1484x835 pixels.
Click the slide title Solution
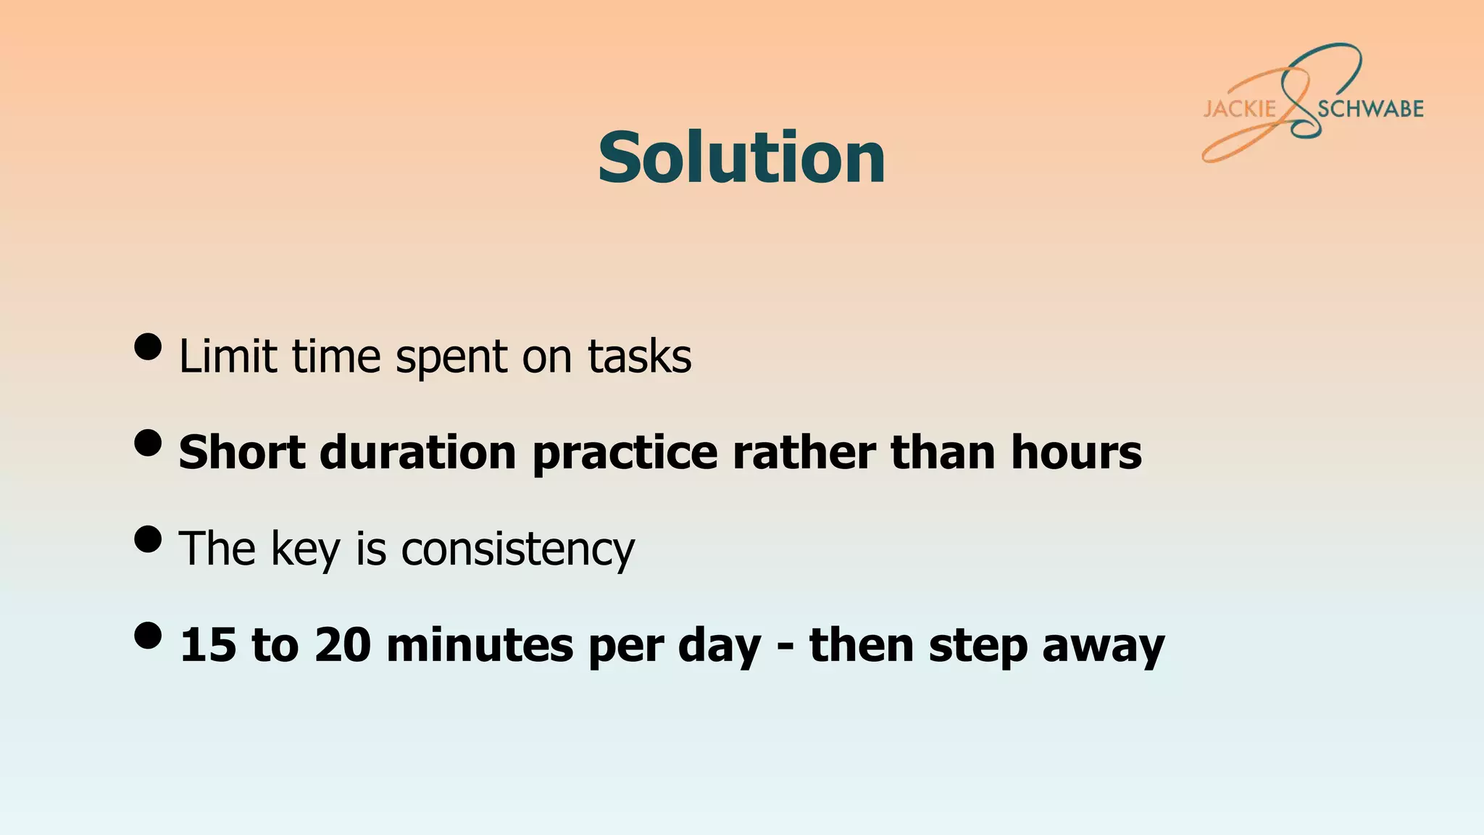tap(741, 157)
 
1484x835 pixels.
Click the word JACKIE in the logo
tap(1240, 109)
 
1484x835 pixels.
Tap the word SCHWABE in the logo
tap(1370, 109)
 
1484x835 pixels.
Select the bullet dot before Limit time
tap(148, 346)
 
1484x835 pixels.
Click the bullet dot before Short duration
tap(148, 443)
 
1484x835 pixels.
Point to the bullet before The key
tap(148, 539)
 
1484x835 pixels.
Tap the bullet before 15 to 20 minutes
tap(148, 636)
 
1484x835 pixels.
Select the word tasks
tap(639, 356)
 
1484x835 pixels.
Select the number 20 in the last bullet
tap(343, 645)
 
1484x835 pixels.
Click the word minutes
tap(480, 645)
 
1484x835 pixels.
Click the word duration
tap(418, 452)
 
